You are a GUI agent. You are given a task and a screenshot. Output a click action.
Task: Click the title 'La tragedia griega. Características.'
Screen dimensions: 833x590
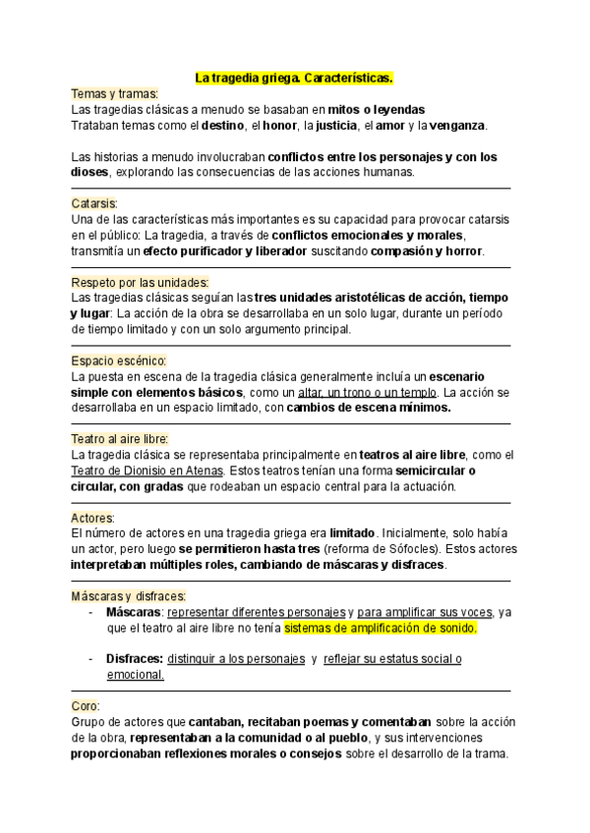[x=294, y=77]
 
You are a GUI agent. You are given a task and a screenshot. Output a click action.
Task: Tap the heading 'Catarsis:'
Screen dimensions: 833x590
[x=94, y=203]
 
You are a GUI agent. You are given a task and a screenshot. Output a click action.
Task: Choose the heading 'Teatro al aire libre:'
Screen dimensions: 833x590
[x=120, y=439]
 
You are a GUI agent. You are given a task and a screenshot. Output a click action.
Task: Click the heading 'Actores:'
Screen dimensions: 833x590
[x=93, y=518]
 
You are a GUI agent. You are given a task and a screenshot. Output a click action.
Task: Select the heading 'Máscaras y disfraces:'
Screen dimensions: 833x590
[x=129, y=596]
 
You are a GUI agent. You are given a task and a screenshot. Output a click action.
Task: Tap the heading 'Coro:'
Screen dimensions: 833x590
[x=86, y=706]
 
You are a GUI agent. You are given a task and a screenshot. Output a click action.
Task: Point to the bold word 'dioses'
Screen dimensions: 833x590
[x=91, y=172]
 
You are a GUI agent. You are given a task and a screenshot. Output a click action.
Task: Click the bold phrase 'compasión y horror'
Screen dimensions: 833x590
[x=426, y=250]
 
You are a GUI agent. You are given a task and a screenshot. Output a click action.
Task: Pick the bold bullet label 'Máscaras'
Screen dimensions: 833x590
[x=134, y=612]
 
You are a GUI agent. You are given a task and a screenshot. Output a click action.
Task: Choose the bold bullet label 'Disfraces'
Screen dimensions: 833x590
[x=134, y=659]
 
